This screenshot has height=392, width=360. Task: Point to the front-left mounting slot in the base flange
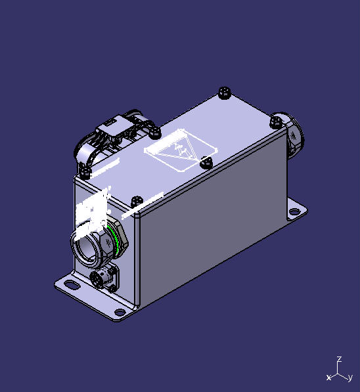click(67, 284)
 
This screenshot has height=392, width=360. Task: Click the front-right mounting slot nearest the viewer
click(118, 311)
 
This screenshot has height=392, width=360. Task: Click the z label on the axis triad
click(338, 359)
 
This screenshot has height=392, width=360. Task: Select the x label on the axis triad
click(328, 378)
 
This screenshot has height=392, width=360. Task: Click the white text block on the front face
click(92, 212)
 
